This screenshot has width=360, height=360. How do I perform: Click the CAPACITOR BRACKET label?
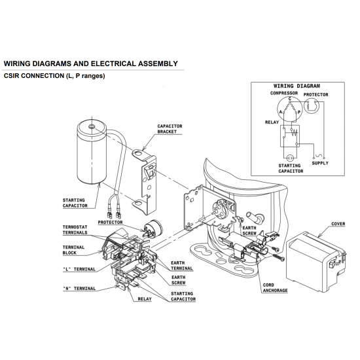(170, 129)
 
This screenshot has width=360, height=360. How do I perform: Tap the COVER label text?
(338, 224)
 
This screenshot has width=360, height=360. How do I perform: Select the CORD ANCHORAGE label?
(275, 288)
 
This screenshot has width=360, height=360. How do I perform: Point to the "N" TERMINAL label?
(79, 289)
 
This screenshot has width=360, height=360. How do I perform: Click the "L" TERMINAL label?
(79, 269)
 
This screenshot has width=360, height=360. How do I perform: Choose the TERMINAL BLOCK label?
(73, 250)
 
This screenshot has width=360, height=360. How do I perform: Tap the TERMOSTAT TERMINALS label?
(75, 230)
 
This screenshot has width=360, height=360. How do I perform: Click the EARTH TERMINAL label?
(181, 266)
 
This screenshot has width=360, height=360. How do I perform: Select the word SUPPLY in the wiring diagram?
(320, 163)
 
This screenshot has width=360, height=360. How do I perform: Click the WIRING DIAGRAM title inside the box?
(297, 86)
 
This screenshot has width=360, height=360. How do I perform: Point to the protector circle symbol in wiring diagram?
(312, 105)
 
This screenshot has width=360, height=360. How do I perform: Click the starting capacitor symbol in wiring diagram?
(290, 158)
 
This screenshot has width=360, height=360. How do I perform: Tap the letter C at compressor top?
(290, 99)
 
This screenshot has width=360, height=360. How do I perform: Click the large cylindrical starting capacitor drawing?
(92, 152)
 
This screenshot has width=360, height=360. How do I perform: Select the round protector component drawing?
(153, 228)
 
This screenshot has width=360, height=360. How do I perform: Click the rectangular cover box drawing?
(317, 262)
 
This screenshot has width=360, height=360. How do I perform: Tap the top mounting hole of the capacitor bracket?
(138, 153)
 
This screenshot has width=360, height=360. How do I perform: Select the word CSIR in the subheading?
(12, 76)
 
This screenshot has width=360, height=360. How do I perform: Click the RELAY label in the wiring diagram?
(272, 122)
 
